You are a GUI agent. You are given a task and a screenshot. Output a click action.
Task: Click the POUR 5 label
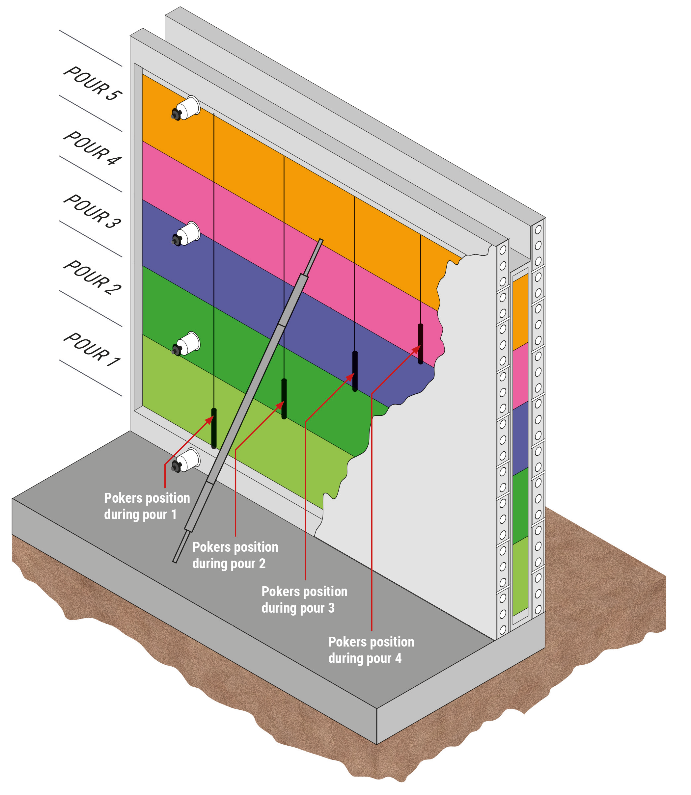point(93,83)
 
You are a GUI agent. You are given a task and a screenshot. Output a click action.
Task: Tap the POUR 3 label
point(93,211)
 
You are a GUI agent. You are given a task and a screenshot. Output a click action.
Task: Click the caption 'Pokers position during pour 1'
point(147,506)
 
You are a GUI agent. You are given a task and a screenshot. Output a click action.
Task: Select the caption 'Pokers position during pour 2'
point(235,555)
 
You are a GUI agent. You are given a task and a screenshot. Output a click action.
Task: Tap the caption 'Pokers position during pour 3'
point(304,599)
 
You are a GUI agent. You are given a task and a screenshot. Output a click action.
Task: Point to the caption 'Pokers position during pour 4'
point(371,650)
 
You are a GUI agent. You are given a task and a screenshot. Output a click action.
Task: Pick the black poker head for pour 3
point(355,371)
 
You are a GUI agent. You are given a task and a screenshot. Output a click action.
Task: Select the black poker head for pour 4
point(421,344)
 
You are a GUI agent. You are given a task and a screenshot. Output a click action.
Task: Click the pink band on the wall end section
point(520,376)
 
